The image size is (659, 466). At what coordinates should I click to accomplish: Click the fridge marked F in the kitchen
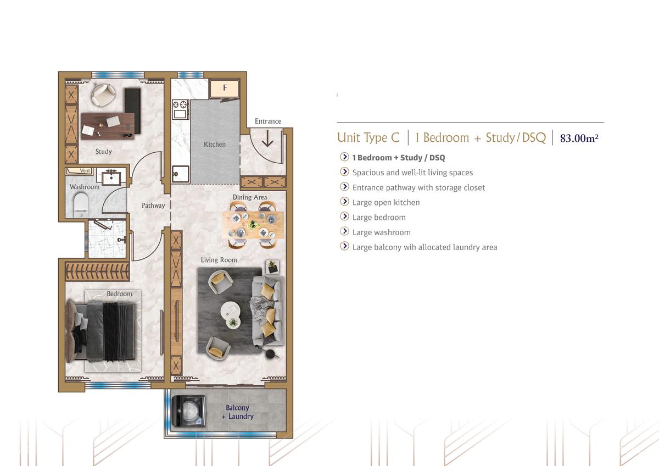coord(224,88)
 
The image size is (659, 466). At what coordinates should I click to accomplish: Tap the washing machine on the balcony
coord(188,411)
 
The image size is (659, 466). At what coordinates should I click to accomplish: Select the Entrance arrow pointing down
coord(267,140)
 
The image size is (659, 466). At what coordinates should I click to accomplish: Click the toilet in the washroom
coord(81,203)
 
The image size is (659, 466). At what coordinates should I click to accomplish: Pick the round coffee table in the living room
coord(231,311)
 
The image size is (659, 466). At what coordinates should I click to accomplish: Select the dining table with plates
coord(253,224)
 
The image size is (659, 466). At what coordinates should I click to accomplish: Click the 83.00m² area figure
coord(579,138)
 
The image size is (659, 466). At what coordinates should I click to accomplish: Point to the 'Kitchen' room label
coord(215,145)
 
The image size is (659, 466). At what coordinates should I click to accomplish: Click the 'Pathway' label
coord(153,206)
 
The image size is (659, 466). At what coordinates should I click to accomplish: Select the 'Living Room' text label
coord(218,260)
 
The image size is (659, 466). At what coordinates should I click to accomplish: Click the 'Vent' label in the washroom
coord(85,171)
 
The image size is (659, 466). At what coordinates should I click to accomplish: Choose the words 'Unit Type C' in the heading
coord(368,137)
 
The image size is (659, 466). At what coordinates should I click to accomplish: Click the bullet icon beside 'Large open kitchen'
coord(344,202)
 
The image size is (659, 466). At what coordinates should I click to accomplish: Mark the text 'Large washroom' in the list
coord(381,232)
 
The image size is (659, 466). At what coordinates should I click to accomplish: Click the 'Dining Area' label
coord(250,197)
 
